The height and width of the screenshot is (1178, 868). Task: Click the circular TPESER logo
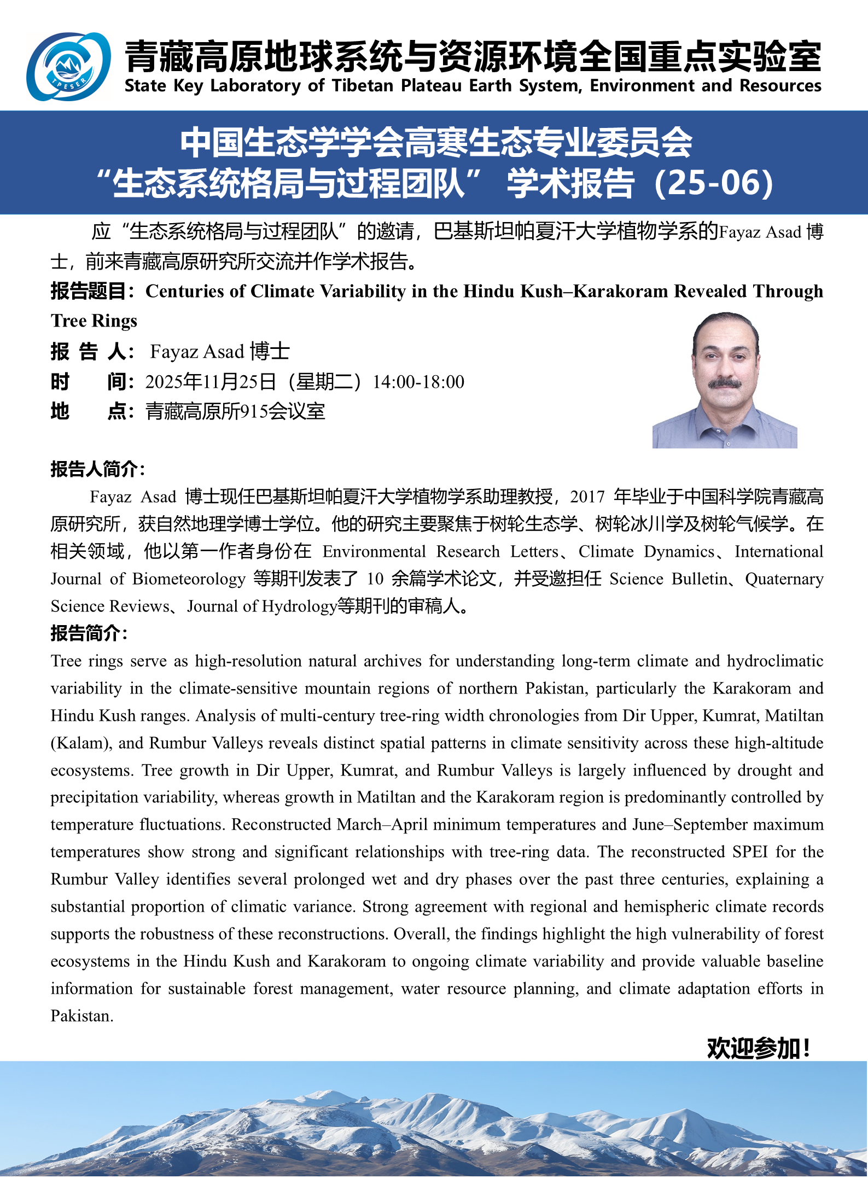click(68, 67)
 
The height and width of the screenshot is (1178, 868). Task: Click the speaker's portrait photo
click(724, 381)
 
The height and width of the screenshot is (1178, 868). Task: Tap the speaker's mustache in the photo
click(725, 383)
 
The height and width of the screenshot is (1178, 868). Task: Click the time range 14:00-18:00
click(418, 382)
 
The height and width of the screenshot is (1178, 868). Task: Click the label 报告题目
click(89, 291)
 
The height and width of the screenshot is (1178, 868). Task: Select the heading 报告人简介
click(96, 469)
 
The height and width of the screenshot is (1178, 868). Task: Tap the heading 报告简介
click(88, 633)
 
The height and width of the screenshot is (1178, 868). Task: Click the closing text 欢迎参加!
click(758, 1048)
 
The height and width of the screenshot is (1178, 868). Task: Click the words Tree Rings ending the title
click(94, 321)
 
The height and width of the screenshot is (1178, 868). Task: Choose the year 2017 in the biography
click(587, 497)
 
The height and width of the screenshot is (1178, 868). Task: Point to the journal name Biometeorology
click(189, 579)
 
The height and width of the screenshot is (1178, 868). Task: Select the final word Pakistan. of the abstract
click(82, 1016)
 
